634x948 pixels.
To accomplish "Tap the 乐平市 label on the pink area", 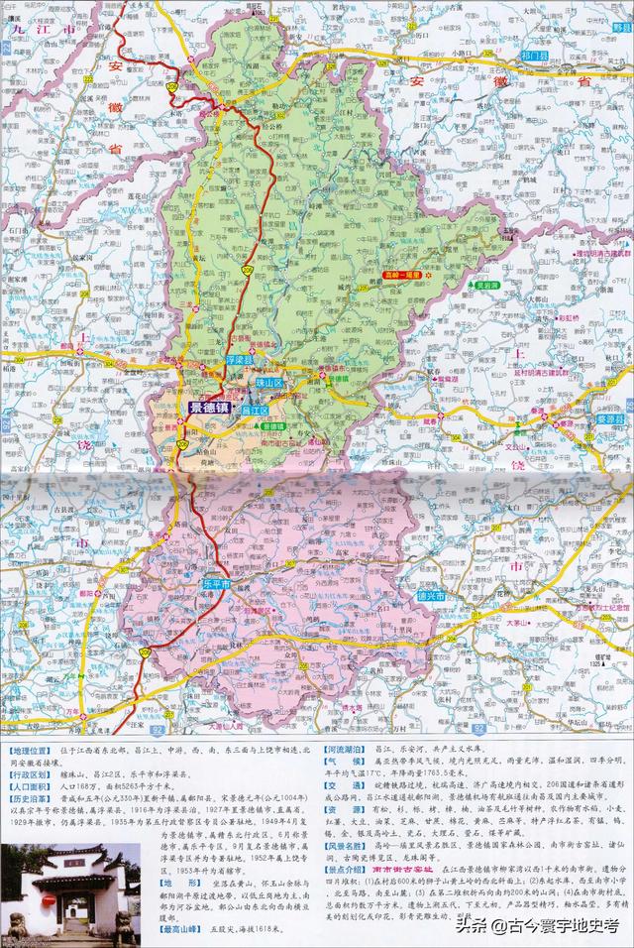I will point(214,586).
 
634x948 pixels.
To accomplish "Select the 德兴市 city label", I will point(430,596).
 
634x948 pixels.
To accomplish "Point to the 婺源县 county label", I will point(606,419).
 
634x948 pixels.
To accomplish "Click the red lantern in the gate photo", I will point(47,899).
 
